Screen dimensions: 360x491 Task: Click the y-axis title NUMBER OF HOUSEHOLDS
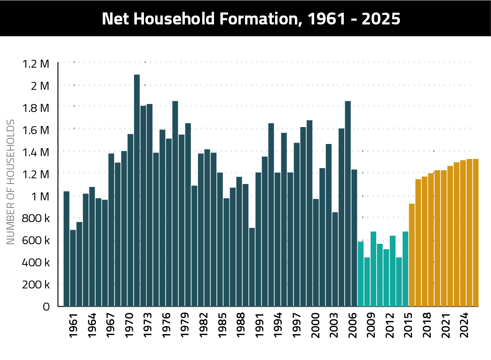coord(11,182)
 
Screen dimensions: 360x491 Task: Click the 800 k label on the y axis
coord(36,218)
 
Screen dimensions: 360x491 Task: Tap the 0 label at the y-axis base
coord(46,307)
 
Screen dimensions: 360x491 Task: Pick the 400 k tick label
coord(36,263)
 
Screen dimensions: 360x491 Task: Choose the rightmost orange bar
coord(475,232)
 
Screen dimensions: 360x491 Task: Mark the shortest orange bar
coord(412,255)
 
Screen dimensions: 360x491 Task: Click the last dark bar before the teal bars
coord(354,238)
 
